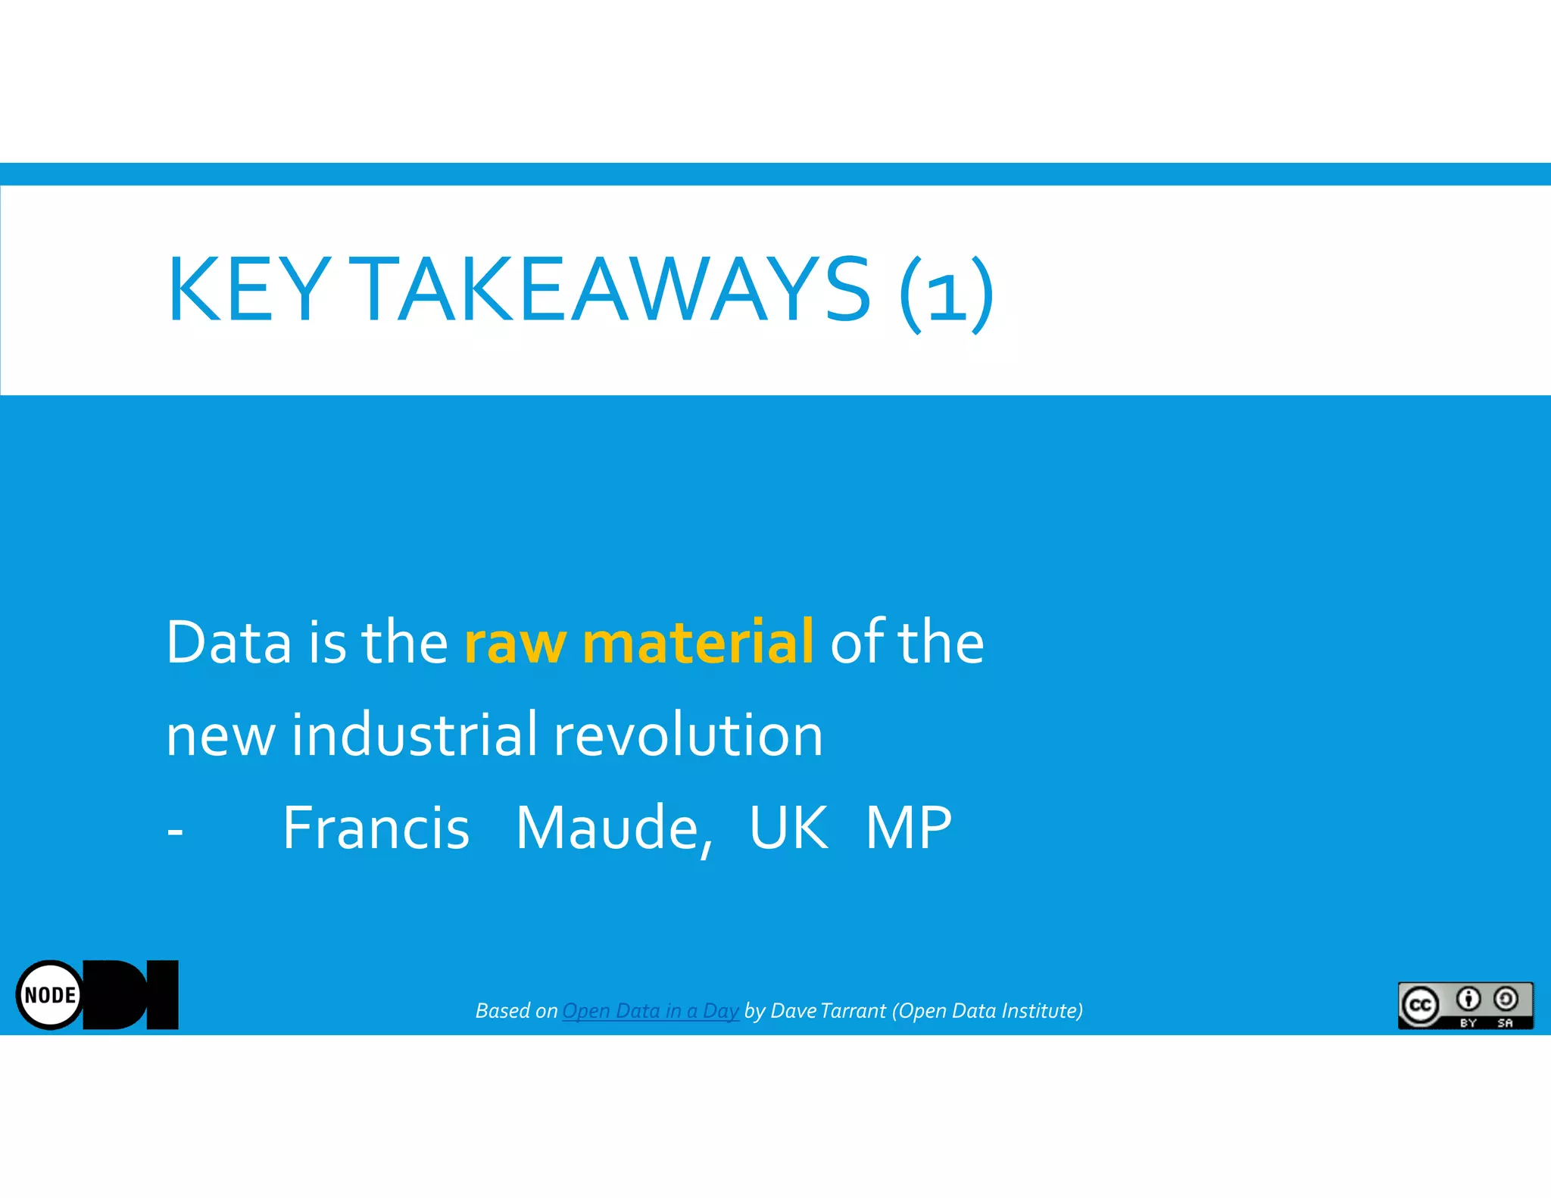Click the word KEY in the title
248,289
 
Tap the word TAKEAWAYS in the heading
613,289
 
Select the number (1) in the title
947,292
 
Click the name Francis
376,828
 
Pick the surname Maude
613,829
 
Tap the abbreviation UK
788,828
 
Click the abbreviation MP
909,828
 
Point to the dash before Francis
175,831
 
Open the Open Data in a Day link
650,1011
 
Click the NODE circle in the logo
50,995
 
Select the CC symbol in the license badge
1420,1005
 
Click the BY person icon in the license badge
1468,1000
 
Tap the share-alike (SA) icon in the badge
1506,1000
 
